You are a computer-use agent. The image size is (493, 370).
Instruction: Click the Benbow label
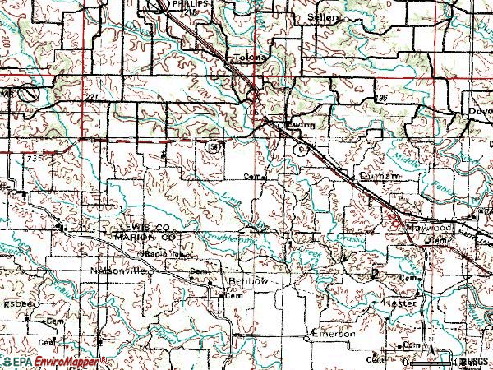pyautogui.click(x=247, y=281)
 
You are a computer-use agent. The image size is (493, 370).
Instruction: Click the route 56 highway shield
pyautogui.click(x=214, y=146)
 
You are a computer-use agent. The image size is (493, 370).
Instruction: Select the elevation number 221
pyautogui.click(x=90, y=98)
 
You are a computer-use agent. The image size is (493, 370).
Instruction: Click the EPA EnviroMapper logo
pyautogui.click(x=53, y=362)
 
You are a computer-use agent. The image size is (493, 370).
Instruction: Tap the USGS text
pyautogui.click(x=474, y=362)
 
